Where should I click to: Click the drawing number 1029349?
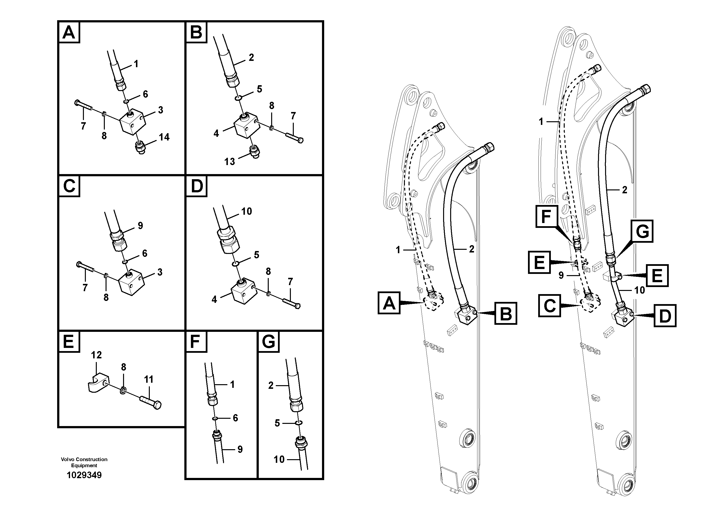pos(84,475)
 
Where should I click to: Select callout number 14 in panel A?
pos(164,137)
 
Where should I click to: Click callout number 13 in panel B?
pos(230,162)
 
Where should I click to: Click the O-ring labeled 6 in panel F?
pos(215,419)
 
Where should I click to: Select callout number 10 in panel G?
pos(279,459)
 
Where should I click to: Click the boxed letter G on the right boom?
pos(642,231)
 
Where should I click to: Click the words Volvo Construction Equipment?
pos(84,462)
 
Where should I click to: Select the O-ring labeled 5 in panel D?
pos(235,264)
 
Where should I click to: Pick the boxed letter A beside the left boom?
pos(389,303)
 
